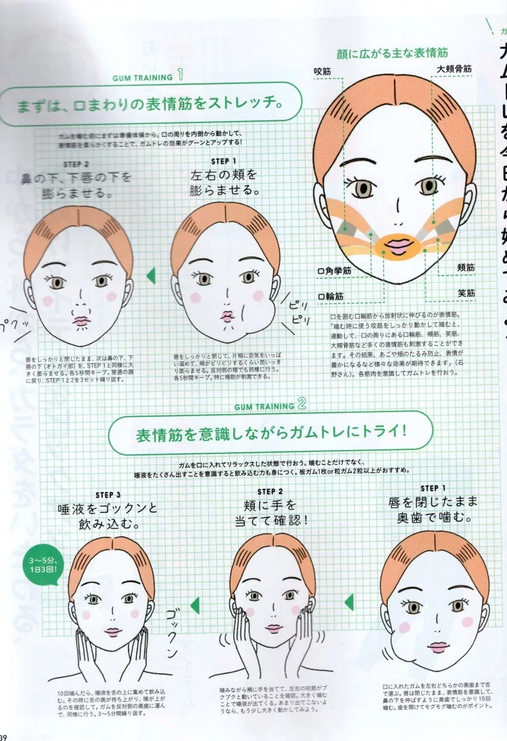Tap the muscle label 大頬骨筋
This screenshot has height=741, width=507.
pos(454,70)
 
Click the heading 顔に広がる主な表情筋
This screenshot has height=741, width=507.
pos(392,52)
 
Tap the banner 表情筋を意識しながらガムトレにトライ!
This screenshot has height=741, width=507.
pos(266,432)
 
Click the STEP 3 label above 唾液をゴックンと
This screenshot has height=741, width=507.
pos(108,495)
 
